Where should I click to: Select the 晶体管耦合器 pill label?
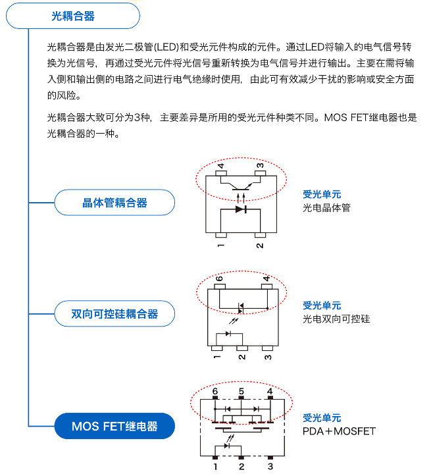click(114, 203)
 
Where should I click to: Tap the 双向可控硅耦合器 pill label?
click(114, 314)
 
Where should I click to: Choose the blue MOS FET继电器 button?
click(114, 427)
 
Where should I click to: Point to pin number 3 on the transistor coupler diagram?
click(260, 165)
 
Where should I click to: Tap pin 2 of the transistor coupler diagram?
click(260, 246)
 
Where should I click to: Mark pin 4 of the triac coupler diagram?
click(266, 278)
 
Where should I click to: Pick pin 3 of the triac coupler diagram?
click(268, 357)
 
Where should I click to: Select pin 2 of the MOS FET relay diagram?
click(241, 466)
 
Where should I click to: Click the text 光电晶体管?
click(326, 207)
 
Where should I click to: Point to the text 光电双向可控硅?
click(336, 319)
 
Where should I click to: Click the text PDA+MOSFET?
click(339, 431)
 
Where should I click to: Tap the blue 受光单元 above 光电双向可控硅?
click(322, 305)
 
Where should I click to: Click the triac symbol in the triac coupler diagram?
click(241, 307)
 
